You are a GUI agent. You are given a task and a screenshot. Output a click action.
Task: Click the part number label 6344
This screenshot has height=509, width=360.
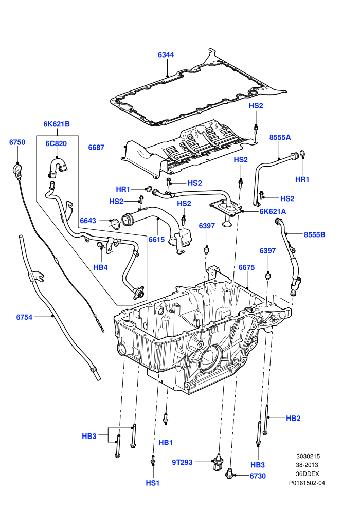coord(166,54)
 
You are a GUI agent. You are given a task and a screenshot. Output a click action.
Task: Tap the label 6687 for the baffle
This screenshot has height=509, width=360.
coord(96,148)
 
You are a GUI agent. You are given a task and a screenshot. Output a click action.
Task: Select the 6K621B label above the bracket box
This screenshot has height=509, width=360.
coord(57,124)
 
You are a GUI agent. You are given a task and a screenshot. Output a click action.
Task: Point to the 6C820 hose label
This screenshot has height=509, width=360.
coord(56,144)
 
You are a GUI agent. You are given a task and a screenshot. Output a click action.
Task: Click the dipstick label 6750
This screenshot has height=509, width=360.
coord(17,142)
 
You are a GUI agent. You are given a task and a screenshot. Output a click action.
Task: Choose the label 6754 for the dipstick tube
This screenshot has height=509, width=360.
coord(24,317)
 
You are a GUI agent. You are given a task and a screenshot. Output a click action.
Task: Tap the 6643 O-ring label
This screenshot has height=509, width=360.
coord(88,221)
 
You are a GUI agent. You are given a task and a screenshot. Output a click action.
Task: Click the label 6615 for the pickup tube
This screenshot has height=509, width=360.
coord(157,240)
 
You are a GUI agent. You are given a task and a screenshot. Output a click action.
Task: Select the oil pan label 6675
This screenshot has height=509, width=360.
coord(247,267)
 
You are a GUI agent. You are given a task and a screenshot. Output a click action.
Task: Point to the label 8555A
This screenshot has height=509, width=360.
coord(280,137)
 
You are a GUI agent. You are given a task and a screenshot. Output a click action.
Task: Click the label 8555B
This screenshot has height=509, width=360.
coord(315,234)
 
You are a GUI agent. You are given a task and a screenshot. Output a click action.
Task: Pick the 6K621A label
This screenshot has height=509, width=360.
coord(273,212)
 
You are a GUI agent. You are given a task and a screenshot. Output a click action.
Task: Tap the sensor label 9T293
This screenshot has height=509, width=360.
coord(182,462)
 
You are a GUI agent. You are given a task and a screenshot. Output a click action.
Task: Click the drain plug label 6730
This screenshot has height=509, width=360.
coord(258,476)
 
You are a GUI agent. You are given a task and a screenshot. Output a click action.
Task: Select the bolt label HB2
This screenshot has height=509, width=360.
coord(294,419)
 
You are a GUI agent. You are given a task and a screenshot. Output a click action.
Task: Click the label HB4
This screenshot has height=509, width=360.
coord(101,267)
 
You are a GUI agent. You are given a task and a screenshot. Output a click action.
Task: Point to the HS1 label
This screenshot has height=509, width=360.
coord(153,483)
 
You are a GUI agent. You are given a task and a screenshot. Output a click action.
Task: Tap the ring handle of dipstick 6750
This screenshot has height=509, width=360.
coord(17,168)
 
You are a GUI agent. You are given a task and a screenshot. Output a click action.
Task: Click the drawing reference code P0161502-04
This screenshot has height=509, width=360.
coord(307,483)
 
